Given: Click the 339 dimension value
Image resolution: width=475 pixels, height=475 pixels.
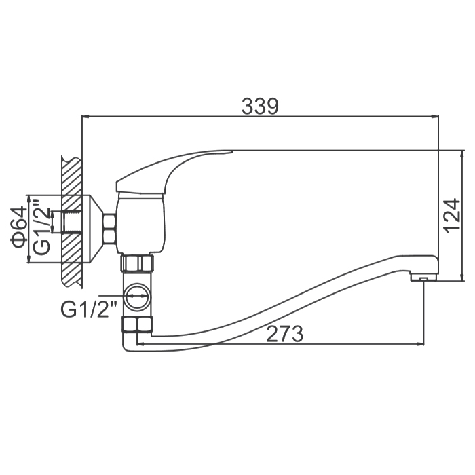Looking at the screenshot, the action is click(x=260, y=106).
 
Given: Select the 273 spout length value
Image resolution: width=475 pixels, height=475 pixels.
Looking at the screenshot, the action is click(x=284, y=334).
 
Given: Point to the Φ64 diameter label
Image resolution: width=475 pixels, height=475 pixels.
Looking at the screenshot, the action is click(x=18, y=228).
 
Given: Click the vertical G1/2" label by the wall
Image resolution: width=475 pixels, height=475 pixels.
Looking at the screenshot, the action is click(x=41, y=227).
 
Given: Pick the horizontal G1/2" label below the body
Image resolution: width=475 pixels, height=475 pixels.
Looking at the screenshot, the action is click(x=88, y=309).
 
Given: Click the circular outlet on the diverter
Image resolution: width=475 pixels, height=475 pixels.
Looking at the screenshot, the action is click(x=137, y=297).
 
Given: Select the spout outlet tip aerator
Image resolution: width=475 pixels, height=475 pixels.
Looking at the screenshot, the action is click(x=423, y=277).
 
